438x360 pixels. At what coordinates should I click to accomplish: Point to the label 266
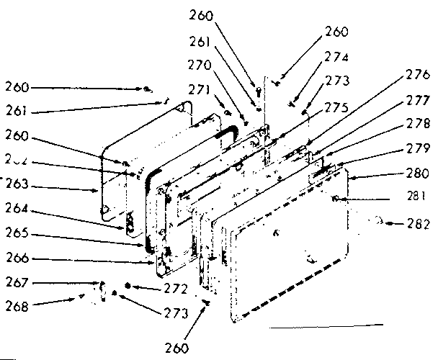coord(16,259)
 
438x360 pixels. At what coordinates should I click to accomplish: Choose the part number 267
coord(16,283)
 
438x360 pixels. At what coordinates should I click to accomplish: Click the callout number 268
coord(16,305)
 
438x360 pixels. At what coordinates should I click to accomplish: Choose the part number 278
coord(416,123)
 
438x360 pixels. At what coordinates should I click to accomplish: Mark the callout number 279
coord(416,149)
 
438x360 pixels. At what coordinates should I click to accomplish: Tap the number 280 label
coord(416,174)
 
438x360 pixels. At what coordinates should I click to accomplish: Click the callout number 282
coord(416,225)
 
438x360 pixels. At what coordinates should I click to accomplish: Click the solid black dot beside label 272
coord(128,287)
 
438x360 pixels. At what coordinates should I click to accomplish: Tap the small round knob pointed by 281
coord(336,199)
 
